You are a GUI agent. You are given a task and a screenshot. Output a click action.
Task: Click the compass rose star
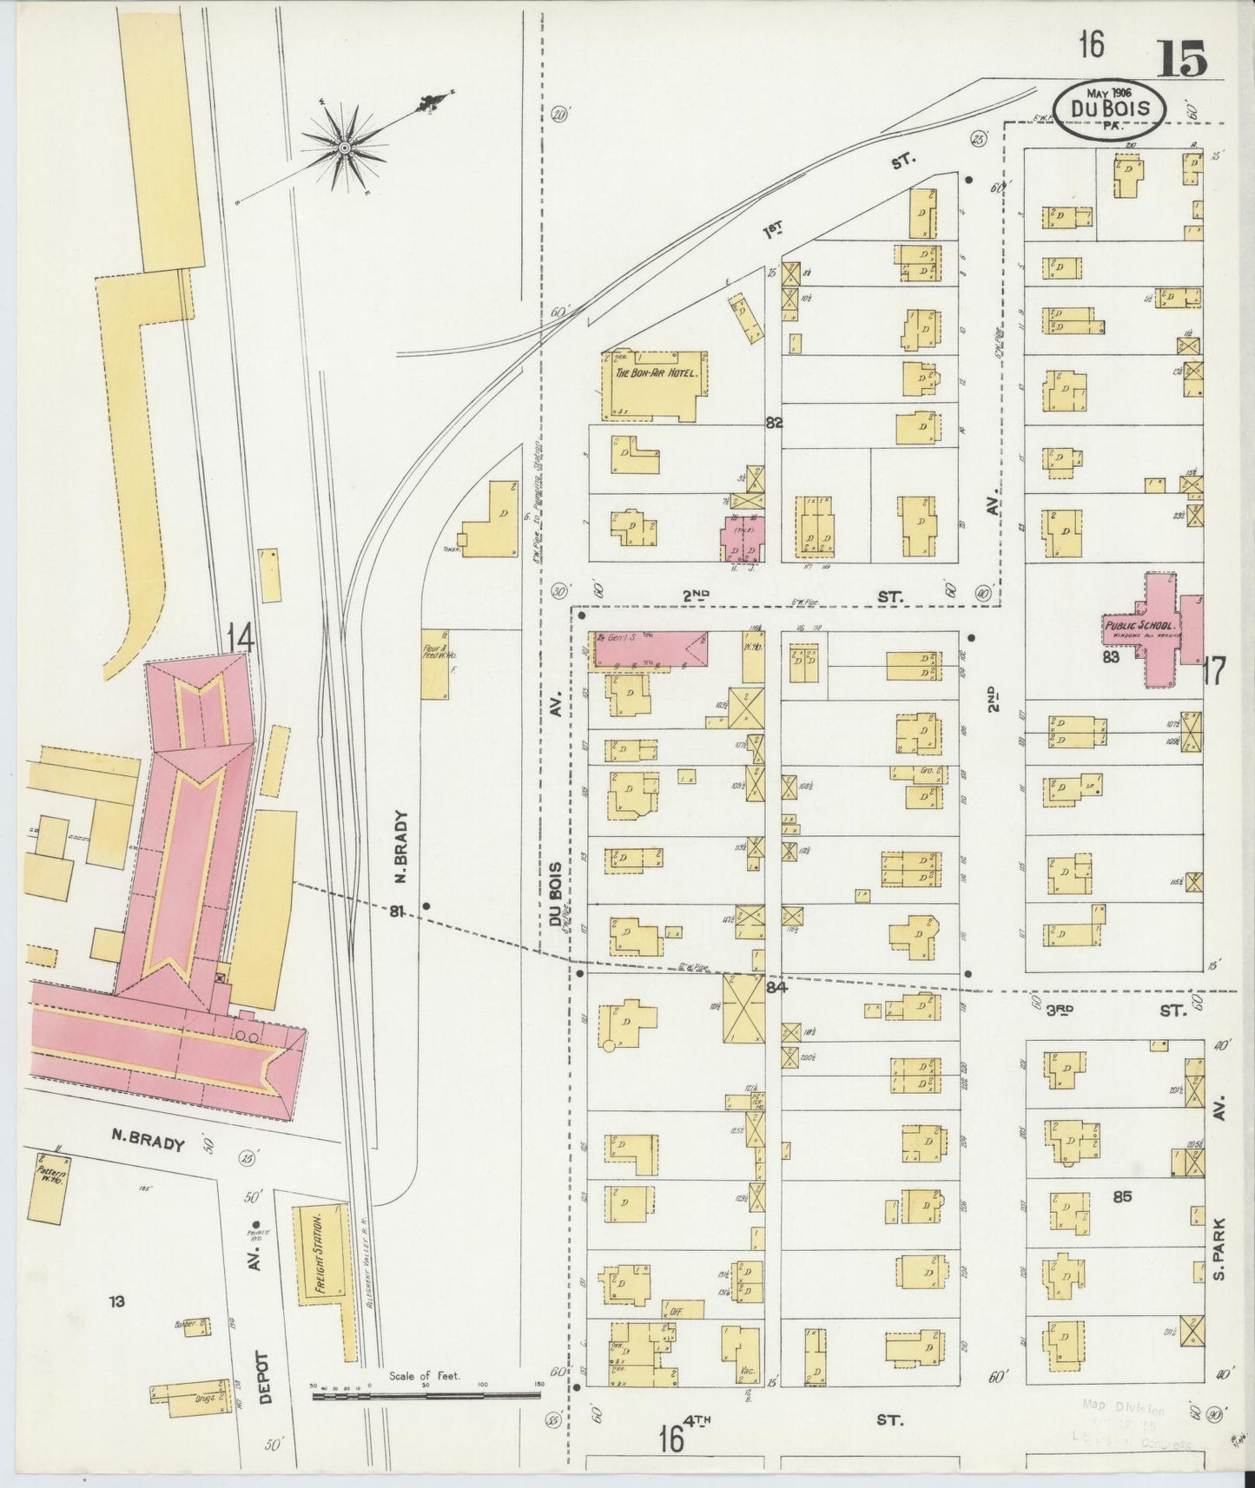tap(346, 148)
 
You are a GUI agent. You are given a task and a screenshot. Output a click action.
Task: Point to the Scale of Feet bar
tap(426, 1396)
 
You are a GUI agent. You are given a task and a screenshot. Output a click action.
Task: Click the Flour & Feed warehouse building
tap(434, 664)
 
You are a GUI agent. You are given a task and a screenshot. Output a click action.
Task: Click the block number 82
tap(774, 423)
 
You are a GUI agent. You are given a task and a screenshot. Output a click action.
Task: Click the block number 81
tap(397, 911)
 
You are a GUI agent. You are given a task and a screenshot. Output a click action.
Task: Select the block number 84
tap(776, 986)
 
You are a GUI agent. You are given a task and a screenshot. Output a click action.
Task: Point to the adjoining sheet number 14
tap(240, 640)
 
